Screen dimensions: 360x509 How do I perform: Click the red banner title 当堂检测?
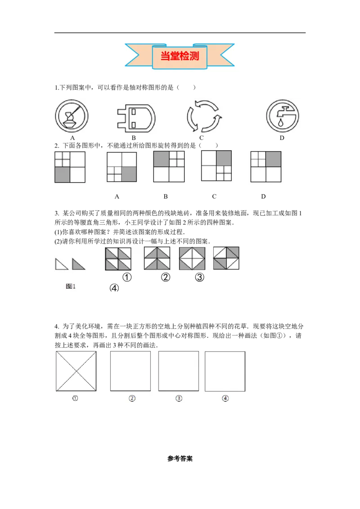point(180,56)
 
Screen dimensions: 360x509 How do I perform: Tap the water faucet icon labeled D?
point(282,116)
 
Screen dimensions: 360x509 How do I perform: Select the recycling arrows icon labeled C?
point(204,116)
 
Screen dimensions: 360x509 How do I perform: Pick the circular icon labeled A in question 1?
point(72,116)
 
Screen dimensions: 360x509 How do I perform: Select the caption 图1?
point(71,286)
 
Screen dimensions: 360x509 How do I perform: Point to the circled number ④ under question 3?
point(114,288)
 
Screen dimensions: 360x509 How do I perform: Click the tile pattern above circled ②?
point(157,258)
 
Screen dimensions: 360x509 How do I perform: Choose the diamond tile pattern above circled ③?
point(192,259)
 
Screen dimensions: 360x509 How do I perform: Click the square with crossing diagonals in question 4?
point(76,371)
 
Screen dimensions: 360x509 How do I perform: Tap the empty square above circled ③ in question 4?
point(178,371)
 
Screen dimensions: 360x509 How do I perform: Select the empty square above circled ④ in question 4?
point(225,371)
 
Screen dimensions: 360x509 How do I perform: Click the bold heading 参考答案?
point(180,458)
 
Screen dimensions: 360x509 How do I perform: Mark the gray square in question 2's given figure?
point(63,174)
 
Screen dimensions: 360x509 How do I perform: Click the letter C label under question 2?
point(214,196)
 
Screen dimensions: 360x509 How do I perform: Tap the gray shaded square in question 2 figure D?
point(273,159)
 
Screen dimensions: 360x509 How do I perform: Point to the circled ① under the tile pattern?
point(127,277)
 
